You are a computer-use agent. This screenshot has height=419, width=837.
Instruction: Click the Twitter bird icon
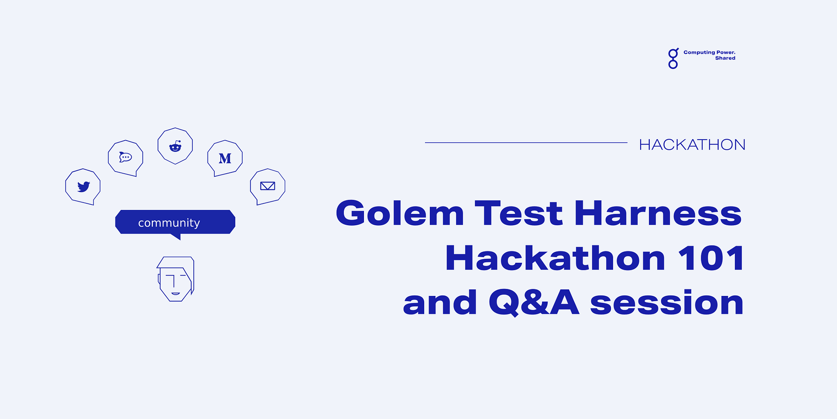[x=83, y=186]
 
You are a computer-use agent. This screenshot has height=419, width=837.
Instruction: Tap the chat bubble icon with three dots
[x=125, y=157]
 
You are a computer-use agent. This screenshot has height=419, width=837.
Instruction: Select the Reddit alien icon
[x=175, y=146]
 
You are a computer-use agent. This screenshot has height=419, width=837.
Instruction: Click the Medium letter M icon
[x=225, y=158]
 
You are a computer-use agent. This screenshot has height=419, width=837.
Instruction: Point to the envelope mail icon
[x=268, y=186]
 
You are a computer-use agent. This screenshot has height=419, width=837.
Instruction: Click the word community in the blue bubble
[x=169, y=223]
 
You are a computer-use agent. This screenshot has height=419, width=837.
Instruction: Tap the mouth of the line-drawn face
[x=175, y=293]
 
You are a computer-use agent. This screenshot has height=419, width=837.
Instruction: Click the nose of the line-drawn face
[x=174, y=282]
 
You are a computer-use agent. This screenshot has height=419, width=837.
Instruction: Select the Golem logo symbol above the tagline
[x=673, y=58]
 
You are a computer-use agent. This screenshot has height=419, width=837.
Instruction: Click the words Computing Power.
[x=709, y=52]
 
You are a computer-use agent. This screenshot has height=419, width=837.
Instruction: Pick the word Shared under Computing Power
[x=725, y=58]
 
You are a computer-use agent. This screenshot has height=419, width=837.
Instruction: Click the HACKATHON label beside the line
[x=692, y=144]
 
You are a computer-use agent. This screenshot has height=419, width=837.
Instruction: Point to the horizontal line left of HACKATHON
[x=526, y=142]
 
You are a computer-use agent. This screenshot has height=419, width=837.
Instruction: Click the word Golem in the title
[x=400, y=213]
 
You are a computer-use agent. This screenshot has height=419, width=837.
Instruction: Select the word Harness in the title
[x=658, y=213]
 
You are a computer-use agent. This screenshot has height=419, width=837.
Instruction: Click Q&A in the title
[x=534, y=302]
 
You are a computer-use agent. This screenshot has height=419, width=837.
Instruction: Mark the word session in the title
[x=667, y=303]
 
